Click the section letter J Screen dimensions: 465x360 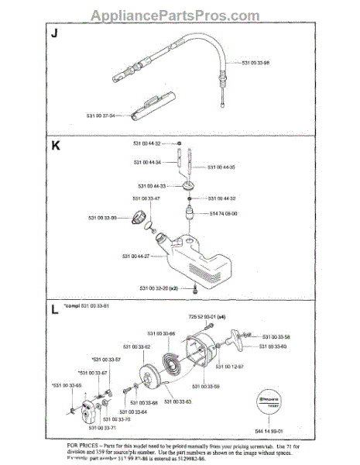54,35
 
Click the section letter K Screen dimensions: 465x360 54,145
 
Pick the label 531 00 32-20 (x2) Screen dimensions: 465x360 160,288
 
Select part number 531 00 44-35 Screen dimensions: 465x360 225,167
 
